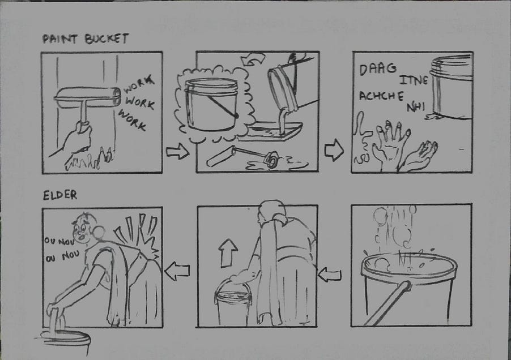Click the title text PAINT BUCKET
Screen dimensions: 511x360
point(86,38)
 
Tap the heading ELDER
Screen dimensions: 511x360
point(60,195)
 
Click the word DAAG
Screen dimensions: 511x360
point(378,69)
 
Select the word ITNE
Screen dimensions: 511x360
point(414,80)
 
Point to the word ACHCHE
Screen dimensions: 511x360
point(382,96)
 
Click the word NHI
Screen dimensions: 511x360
point(415,107)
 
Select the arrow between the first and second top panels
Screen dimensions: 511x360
point(178,152)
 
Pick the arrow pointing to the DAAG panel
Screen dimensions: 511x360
point(334,150)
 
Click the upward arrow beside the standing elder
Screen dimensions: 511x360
point(228,253)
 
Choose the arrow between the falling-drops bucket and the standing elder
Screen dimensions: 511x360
point(330,275)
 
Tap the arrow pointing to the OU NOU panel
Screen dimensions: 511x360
point(177,271)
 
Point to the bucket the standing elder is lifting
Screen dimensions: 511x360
point(233,305)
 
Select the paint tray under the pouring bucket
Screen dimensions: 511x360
point(270,131)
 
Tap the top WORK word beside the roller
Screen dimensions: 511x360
point(138,84)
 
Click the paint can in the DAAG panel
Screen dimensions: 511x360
point(452,86)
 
